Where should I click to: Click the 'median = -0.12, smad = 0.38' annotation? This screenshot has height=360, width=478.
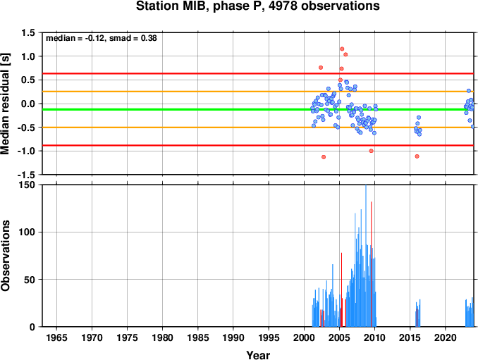coord(102,38)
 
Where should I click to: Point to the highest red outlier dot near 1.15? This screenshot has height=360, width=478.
coord(342,49)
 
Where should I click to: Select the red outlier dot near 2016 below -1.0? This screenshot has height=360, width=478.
coord(417,156)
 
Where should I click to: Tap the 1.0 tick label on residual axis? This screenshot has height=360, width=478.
coord(28,56)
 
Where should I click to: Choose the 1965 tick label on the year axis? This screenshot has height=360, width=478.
coord(56,337)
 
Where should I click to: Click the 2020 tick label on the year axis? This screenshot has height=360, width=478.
coord(446,337)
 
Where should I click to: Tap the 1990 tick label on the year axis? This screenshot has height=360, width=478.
coord(233,337)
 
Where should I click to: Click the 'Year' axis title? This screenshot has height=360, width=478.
coord(258,355)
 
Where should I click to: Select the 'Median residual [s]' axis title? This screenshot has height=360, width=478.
coord(5,104)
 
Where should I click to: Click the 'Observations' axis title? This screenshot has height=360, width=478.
coord(5,255)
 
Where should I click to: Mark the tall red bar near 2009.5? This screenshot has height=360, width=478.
coord(371,264)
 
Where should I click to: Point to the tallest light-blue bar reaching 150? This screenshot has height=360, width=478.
coord(366,256)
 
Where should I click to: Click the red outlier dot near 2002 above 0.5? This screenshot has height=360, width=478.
coord(321,68)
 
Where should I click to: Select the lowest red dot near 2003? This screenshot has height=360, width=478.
coord(324,157)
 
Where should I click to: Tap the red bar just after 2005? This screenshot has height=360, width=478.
coord(341,290)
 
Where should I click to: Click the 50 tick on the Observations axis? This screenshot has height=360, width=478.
coord(30,280)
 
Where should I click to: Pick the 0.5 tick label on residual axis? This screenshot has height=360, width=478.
coord(28,80)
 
